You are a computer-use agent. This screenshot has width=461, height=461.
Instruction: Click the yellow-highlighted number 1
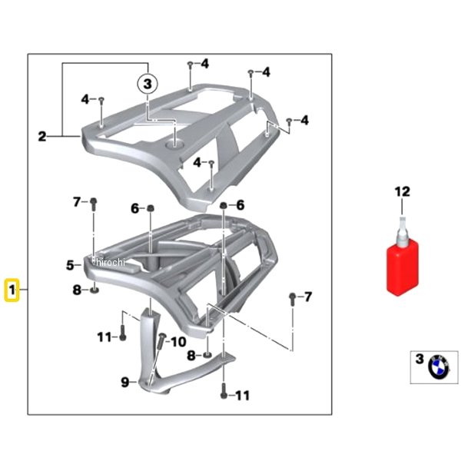[12, 290]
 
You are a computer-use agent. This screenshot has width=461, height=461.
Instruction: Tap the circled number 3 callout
[148, 84]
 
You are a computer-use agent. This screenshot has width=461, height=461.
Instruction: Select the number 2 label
[42, 137]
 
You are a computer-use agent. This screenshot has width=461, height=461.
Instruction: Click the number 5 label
[70, 265]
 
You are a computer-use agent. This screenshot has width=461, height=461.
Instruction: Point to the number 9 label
[125, 382]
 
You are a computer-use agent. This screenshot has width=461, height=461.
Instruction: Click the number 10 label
[178, 342]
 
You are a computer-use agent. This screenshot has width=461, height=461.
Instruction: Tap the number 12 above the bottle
[402, 191]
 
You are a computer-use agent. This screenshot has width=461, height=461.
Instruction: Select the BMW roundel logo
[439, 367]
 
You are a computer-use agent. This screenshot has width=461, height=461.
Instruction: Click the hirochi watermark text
[111, 262]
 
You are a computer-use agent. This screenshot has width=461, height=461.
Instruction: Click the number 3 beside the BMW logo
[420, 359]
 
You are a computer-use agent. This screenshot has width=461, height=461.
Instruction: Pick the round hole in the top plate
[174, 144]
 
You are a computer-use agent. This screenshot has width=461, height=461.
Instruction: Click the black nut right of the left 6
[151, 208]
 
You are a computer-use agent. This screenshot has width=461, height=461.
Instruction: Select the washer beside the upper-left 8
[95, 290]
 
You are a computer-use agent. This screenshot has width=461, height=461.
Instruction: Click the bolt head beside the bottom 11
[224, 395]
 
